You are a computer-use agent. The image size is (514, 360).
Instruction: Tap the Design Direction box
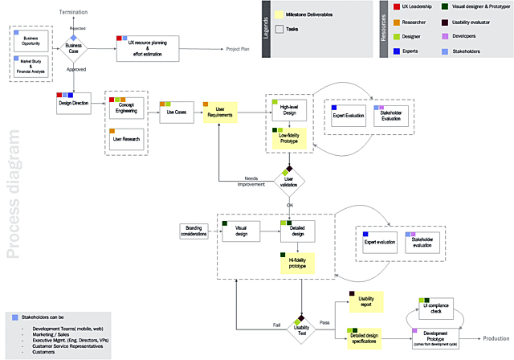[x=73, y=103]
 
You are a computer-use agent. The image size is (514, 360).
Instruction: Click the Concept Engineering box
[x=125, y=112]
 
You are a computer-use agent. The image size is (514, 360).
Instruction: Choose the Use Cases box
[x=175, y=112]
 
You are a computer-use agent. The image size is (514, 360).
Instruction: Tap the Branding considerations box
[x=193, y=231]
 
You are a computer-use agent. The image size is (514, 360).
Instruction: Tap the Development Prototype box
[x=434, y=337]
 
